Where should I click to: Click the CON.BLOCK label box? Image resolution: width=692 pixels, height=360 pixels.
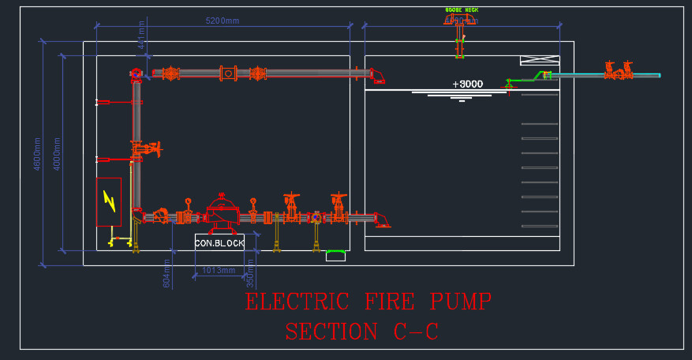(219, 243)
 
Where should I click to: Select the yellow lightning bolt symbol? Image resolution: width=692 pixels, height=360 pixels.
(109, 201)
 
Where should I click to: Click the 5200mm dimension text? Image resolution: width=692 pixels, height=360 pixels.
(222, 21)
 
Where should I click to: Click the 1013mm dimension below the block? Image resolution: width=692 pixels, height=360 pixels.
(219, 271)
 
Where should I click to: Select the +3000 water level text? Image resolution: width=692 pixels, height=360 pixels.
(467, 84)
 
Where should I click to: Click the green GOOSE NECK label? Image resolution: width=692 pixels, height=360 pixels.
(462, 10)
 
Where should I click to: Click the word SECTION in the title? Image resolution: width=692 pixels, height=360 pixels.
(331, 332)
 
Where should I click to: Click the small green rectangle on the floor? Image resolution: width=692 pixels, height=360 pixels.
(336, 255)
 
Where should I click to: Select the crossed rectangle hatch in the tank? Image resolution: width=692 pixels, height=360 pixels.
(540, 60)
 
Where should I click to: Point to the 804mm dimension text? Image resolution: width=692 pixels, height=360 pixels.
(167, 273)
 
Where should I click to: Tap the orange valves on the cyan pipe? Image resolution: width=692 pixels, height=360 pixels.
(618, 71)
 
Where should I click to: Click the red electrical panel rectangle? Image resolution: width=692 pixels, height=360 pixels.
(109, 202)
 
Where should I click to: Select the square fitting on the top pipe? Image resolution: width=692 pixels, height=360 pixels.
(228, 73)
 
